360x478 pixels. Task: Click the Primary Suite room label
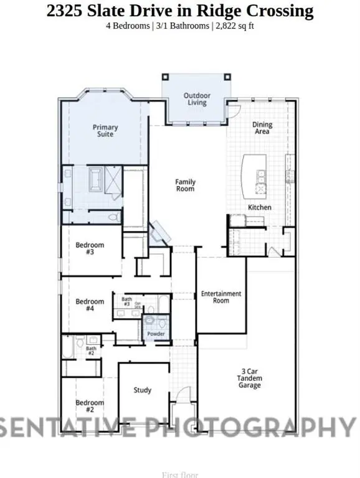(x=105, y=131)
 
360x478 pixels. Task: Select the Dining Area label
(x=262, y=128)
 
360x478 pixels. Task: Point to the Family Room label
(x=185, y=185)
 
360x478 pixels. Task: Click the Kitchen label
(x=260, y=207)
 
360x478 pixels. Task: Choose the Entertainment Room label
(x=220, y=297)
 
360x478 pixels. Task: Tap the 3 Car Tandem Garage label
(x=251, y=380)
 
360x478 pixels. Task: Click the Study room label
(x=143, y=390)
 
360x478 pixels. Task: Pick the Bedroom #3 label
(x=90, y=248)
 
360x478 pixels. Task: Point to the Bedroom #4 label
(x=90, y=305)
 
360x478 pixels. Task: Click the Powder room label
(x=156, y=334)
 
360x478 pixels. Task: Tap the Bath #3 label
(x=126, y=302)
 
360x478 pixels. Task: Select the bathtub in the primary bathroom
(x=97, y=181)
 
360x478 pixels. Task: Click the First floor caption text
(x=180, y=474)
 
